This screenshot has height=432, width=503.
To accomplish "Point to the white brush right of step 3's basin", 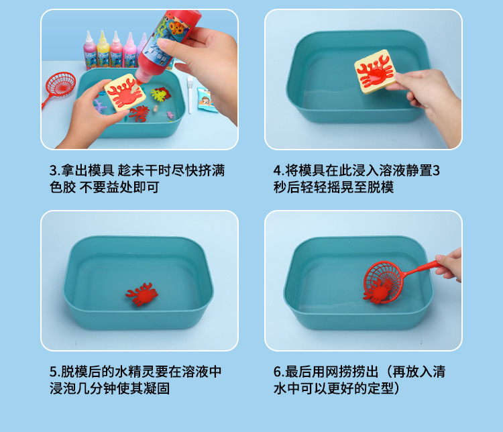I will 190,88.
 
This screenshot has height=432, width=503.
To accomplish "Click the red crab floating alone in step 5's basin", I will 141,294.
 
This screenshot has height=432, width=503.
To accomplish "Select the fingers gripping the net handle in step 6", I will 449,262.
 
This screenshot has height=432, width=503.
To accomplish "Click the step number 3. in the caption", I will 55,170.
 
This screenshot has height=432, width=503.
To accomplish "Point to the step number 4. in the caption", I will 279,170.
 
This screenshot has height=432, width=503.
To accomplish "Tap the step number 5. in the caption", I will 55,372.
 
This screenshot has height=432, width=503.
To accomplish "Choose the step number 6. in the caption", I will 279,372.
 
